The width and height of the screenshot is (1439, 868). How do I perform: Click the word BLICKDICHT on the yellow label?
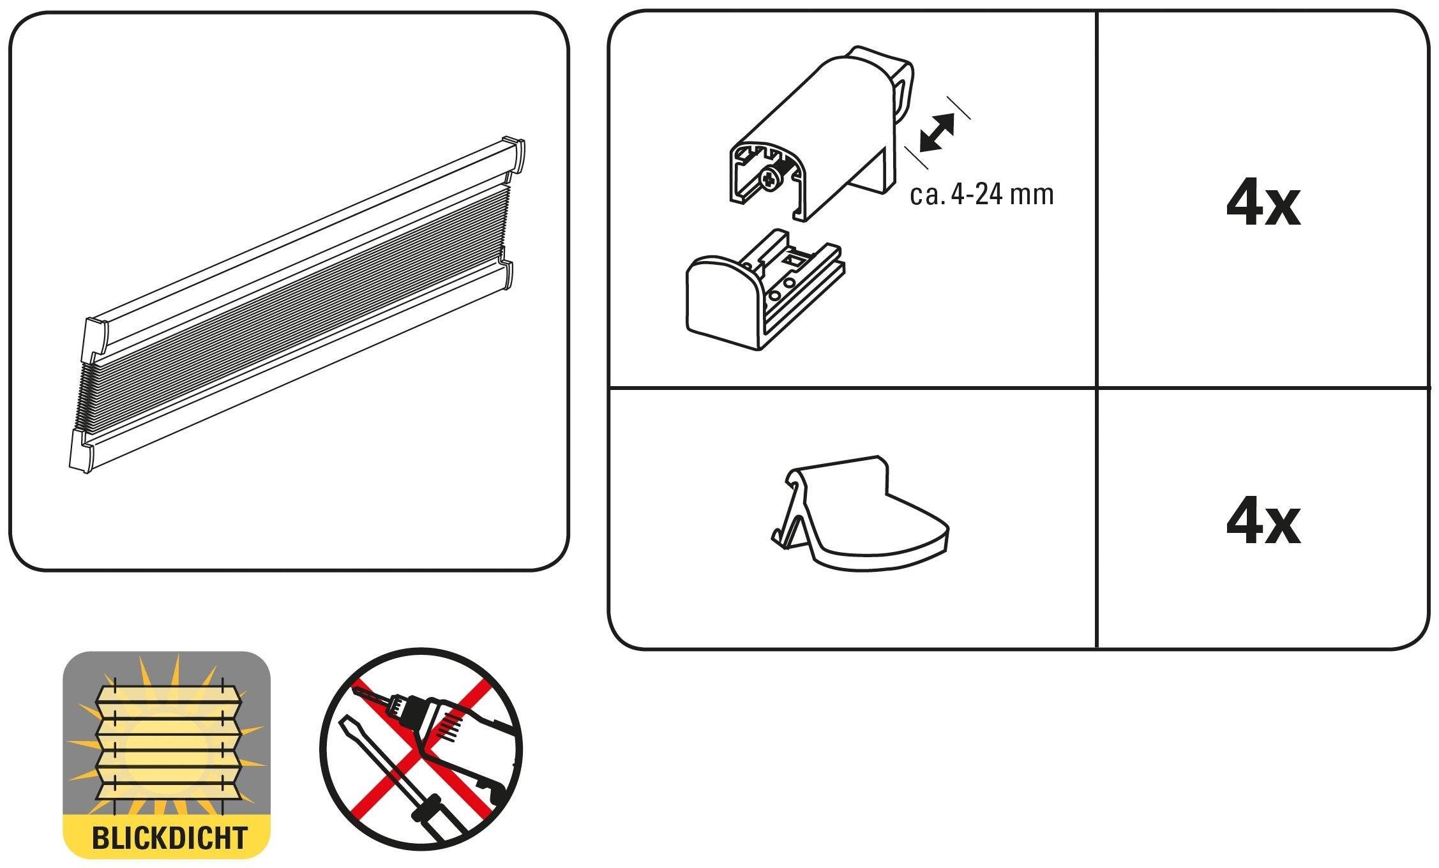coord(170,837)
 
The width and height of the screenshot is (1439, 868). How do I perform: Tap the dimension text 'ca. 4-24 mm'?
coord(981,194)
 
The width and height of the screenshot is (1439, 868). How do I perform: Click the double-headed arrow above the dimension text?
coord(937,133)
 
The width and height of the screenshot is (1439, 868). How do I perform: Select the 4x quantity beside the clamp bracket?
coord(1263,205)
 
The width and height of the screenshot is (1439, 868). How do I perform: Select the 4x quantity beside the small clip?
coord(1263,523)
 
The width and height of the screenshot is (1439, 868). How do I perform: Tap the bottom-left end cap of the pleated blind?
coord(81,450)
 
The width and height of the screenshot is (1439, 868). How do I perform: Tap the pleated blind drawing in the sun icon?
coord(167,742)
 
